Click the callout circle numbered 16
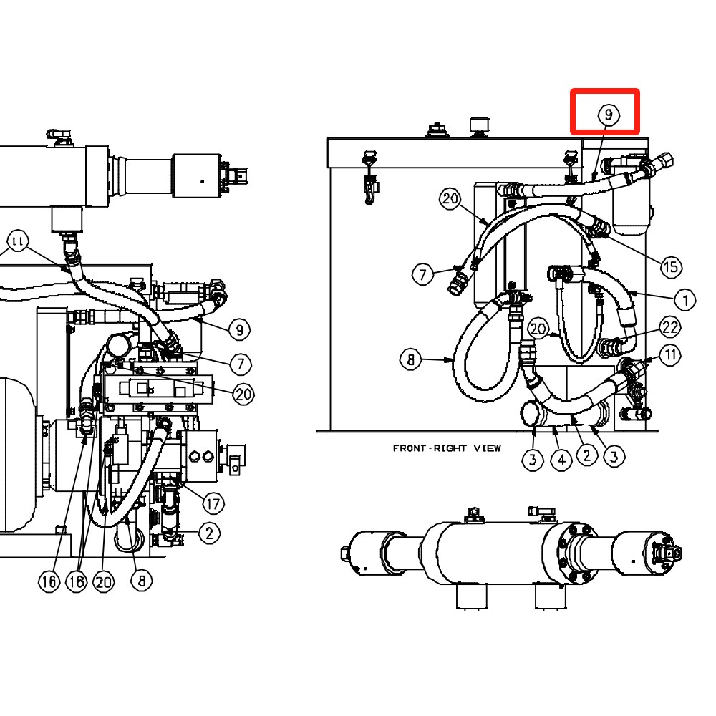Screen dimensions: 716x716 coord(49,581)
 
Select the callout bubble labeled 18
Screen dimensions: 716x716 coord(77,581)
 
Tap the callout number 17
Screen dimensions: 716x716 coord(213,503)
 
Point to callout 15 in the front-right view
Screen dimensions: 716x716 coord(671,266)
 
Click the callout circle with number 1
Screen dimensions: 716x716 coord(684,300)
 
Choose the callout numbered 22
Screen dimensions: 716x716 coord(670,327)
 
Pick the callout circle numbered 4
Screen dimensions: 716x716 coord(561,460)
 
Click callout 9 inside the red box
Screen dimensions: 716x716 coord(609,114)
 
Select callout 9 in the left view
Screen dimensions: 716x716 coord(239,329)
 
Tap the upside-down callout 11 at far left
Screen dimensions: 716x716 coord(18,240)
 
